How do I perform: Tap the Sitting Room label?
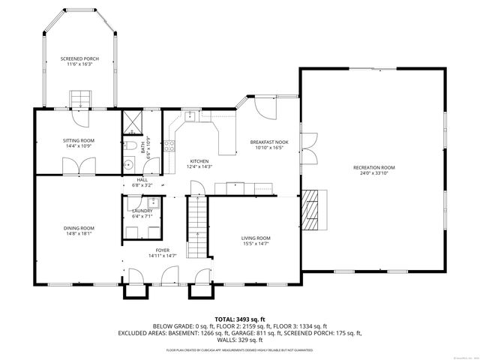pyautogui.click(x=78, y=140)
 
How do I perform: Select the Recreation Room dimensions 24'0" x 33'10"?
pyautogui.click(x=373, y=173)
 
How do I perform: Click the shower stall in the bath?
pyautogui.click(x=131, y=122)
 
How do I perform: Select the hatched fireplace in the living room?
pyautogui.click(x=316, y=208)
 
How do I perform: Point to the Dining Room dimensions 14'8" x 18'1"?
pyautogui.click(x=78, y=233)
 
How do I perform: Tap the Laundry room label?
pyautogui.click(x=142, y=211)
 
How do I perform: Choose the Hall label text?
pyautogui.click(x=142, y=180)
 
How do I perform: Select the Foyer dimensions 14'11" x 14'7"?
pyautogui.click(x=163, y=256)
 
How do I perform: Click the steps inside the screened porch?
pyautogui.click(x=79, y=98)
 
